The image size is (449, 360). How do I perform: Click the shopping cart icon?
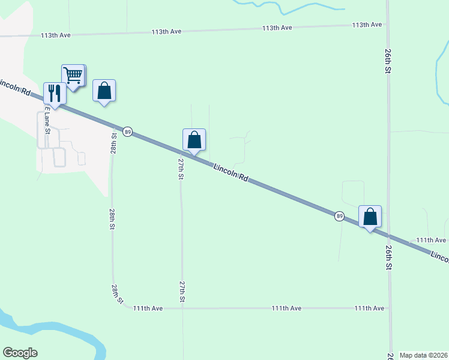(73, 76)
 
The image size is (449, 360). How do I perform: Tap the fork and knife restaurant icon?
(55, 93)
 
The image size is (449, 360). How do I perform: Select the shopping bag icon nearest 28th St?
(104, 91)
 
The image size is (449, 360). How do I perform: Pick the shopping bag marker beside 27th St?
(194, 140)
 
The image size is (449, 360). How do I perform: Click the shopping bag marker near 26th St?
(370, 217)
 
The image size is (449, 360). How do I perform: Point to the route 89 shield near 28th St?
(127, 131)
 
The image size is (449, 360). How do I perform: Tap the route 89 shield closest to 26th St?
(339, 216)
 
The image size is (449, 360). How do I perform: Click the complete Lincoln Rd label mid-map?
(231, 171)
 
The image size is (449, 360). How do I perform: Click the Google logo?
(20, 353)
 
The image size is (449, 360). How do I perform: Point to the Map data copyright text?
(423, 355)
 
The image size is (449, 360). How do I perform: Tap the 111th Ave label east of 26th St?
(432, 240)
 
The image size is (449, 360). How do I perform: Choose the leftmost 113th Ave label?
(56, 35)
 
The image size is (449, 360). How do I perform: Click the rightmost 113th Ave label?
(367, 25)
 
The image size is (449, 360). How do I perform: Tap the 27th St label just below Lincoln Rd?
(181, 169)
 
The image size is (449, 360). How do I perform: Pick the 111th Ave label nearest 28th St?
(148, 308)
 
